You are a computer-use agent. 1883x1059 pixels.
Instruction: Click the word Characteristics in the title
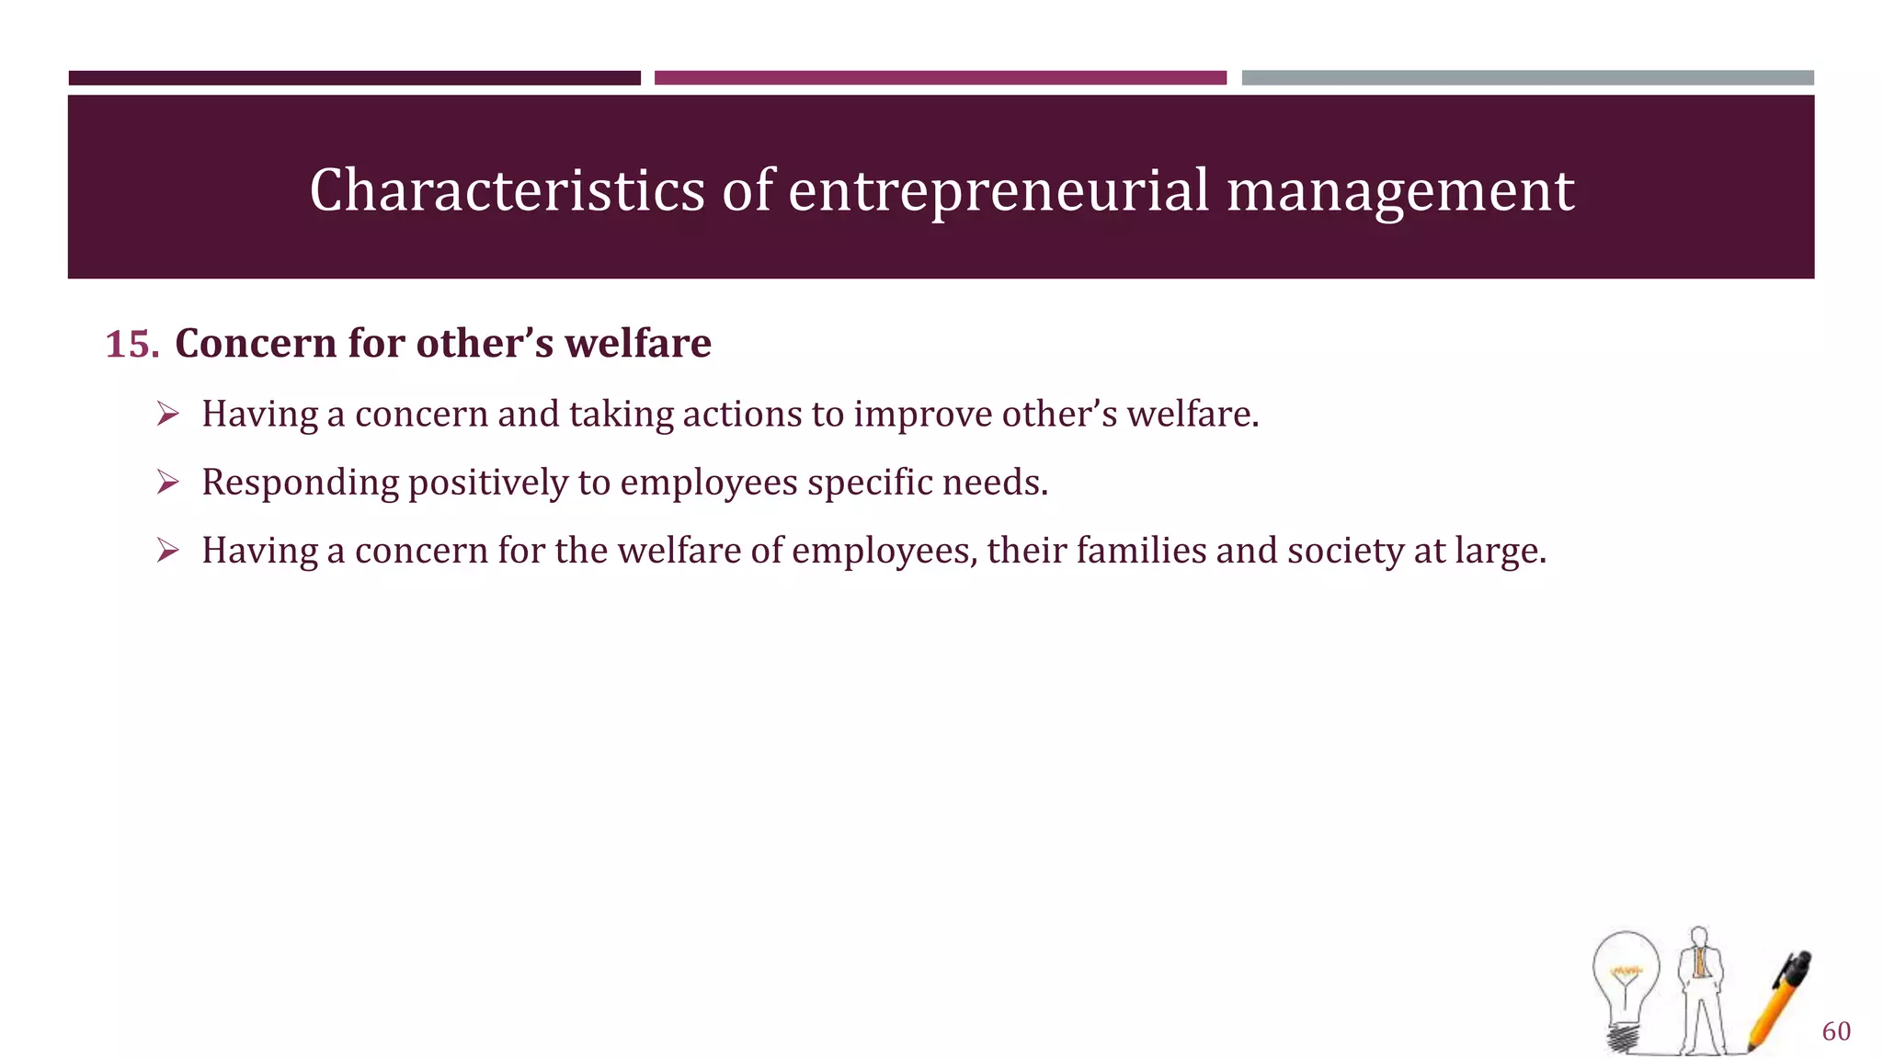click(507, 190)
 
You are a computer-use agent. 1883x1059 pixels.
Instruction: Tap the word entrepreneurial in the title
click(999, 190)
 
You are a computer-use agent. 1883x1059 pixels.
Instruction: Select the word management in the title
click(1399, 190)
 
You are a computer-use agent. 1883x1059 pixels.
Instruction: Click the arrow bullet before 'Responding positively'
click(167, 482)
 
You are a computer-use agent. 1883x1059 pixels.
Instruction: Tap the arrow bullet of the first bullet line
click(167, 414)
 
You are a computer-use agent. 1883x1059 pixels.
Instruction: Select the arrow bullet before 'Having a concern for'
click(167, 550)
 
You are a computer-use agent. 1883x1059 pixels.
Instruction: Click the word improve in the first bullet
click(922, 415)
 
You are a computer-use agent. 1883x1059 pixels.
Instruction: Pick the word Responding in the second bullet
click(300, 484)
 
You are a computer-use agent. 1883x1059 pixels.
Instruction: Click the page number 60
click(1836, 1031)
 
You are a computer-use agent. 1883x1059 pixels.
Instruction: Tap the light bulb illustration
click(1626, 988)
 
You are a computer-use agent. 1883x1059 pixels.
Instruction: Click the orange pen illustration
click(1780, 1000)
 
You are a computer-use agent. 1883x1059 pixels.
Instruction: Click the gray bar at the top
click(1527, 78)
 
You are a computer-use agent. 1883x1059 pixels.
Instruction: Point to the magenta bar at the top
click(940, 78)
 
